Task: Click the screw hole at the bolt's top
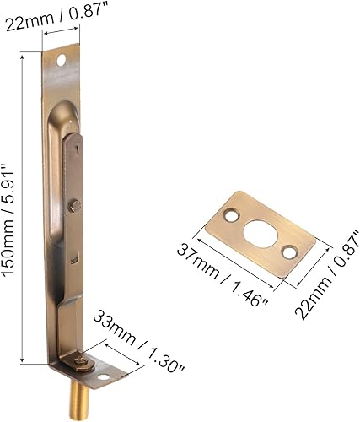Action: [x=61, y=62]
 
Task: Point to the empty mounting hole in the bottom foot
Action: [x=104, y=376]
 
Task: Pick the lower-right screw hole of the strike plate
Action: [x=289, y=251]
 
